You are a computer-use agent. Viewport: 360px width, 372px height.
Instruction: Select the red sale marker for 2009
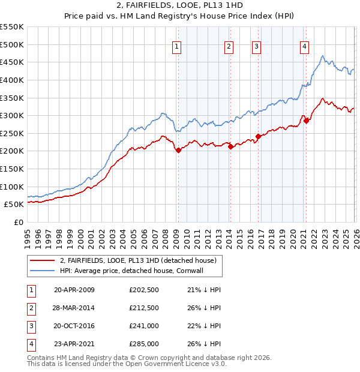click(178, 151)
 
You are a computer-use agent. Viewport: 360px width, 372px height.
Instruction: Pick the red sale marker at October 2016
click(259, 136)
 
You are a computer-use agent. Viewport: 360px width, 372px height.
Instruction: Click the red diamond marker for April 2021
click(306, 121)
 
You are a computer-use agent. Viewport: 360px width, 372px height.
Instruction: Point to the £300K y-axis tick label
click(12, 115)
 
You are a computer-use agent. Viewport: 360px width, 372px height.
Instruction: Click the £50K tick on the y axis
click(14, 204)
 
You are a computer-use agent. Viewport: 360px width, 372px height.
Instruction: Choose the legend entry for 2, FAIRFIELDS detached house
click(142, 260)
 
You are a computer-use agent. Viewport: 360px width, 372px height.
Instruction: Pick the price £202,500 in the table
click(144, 290)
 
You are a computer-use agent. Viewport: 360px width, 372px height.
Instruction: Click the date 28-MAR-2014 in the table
click(74, 308)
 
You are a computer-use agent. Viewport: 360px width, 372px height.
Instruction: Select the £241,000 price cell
click(144, 326)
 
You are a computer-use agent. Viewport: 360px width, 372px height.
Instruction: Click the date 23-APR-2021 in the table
click(74, 344)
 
